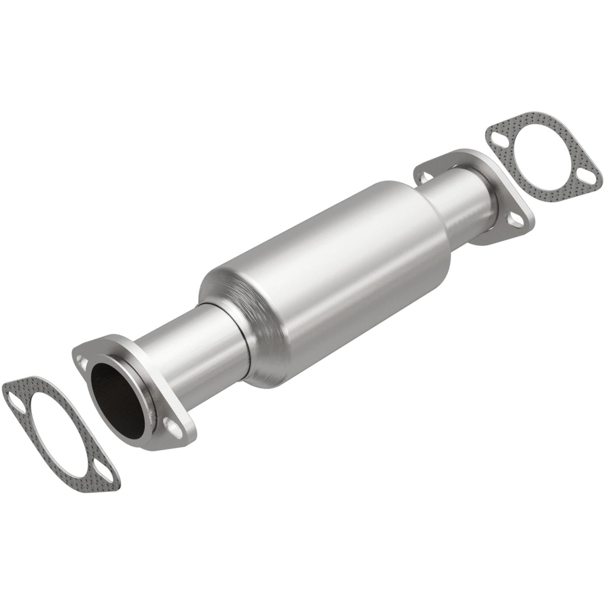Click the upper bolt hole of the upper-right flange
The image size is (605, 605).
(x=424, y=175)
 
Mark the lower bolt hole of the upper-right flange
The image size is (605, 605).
(x=515, y=220)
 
